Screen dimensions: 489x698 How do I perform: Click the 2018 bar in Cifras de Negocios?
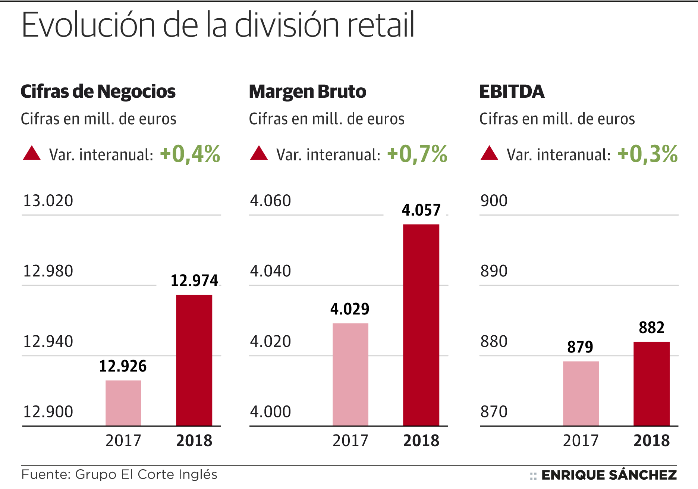194,360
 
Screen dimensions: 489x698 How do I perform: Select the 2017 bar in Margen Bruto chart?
350,374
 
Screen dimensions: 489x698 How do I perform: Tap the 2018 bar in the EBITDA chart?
651,383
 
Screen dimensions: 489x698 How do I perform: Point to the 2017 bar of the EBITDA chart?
581,393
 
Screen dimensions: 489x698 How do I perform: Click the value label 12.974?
194,280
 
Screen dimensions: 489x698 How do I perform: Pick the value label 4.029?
350,309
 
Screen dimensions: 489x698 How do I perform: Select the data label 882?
651,327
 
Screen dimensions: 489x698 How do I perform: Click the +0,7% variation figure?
417,154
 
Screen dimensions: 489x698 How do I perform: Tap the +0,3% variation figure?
648,154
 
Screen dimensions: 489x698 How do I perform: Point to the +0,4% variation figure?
190,154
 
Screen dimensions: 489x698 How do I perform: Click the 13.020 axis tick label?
48,201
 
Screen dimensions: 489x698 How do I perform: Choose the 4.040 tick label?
270,271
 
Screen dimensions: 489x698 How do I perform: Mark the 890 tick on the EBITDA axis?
494,271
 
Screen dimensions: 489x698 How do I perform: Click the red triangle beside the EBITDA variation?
489,153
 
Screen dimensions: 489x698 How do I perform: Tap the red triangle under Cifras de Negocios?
32,153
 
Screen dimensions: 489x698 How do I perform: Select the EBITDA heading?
512,92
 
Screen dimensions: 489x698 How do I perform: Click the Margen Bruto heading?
308,92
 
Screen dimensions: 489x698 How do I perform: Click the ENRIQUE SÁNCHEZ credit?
609,475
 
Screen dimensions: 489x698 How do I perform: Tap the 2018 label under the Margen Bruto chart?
421,441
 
